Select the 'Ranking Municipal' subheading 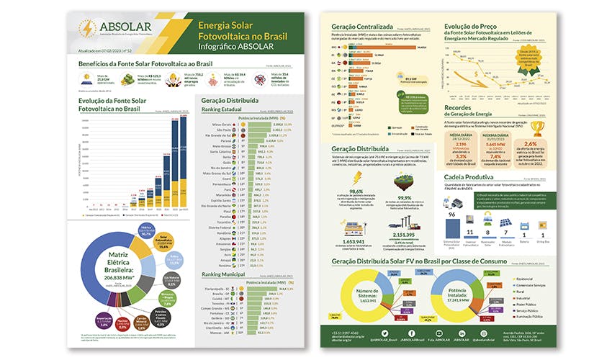(x=225, y=274)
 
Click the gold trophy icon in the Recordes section (x=537, y=130)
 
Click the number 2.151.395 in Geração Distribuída (x=408, y=235)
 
